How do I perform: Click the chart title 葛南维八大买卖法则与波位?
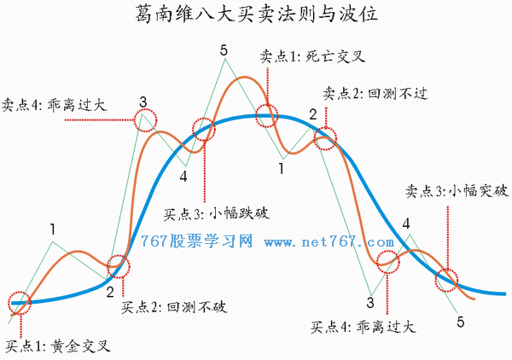point(256,14)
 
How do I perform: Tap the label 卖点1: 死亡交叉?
point(312,57)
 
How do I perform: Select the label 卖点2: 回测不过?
point(375,94)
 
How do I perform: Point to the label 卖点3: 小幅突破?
point(457,190)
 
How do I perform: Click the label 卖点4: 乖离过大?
point(55,105)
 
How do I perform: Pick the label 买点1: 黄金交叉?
point(58,346)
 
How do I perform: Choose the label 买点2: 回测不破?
point(174,307)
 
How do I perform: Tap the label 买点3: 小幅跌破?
point(217,214)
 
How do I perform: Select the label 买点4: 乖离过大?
point(364,327)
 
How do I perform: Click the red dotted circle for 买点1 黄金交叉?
point(9,303)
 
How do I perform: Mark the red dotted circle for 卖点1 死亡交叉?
point(255,115)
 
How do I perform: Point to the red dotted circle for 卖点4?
point(134,120)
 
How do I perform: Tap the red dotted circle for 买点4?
point(377,262)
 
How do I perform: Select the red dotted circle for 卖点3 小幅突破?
point(435,280)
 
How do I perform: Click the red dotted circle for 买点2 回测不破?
point(108,266)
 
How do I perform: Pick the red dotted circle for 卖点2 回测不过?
point(313,138)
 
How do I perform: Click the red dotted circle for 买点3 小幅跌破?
point(193,130)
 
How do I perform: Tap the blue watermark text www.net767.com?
point(329,242)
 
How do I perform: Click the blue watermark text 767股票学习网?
point(196,241)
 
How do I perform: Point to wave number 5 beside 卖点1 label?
point(224,51)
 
